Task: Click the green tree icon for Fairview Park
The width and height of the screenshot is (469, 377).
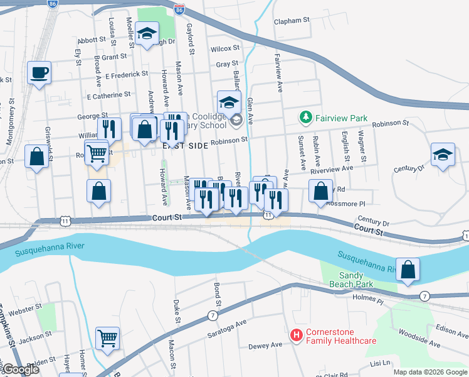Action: tap(305, 117)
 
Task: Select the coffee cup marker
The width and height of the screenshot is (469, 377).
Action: tap(39, 72)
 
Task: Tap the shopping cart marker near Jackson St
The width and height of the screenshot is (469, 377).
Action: tap(108, 338)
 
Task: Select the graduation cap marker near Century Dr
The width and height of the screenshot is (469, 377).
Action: tap(443, 155)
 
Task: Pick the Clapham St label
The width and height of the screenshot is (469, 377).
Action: tap(292, 21)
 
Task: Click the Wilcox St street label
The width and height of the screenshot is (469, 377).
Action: tap(225, 48)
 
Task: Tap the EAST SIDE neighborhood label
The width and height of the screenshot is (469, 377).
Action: tap(184, 145)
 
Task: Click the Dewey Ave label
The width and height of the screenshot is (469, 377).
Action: tap(265, 346)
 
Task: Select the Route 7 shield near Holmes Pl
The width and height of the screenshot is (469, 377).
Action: tap(424, 296)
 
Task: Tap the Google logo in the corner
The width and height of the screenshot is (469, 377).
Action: tap(21, 369)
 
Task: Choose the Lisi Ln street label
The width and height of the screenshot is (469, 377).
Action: tap(380, 363)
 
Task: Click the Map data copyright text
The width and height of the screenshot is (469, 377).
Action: tap(429, 372)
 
